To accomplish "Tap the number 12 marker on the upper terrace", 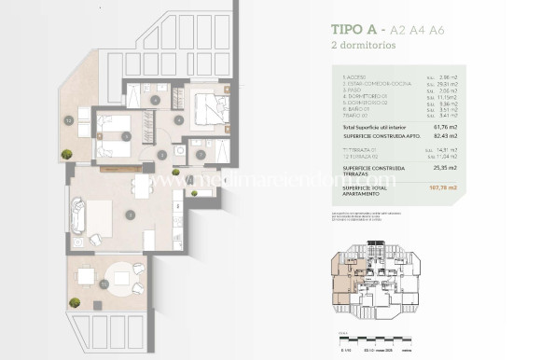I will tap(69, 120).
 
